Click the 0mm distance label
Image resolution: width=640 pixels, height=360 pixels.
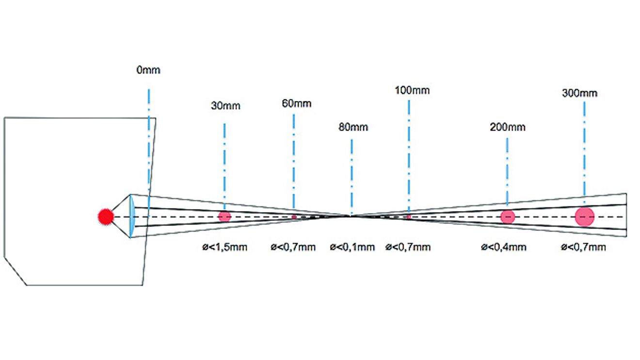click(x=148, y=70)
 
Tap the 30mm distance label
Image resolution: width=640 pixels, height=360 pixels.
click(x=225, y=106)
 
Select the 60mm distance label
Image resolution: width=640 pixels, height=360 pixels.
click(x=297, y=103)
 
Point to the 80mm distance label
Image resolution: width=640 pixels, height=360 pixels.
click(x=353, y=127)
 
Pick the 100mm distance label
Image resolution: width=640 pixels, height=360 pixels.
click(x=412, y=90)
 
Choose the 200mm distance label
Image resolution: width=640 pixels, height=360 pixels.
click(x=508, y=127)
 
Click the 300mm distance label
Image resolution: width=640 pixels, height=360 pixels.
click(x=579, y=93)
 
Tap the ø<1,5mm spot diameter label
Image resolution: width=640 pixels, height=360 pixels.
click(x=224, y=247)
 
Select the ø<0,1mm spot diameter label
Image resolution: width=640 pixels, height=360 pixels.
click(x=352, y=247)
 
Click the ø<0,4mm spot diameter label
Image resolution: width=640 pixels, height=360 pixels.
click(x=503, y=247)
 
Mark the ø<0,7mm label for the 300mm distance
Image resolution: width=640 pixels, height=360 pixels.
click(x=583, y=247)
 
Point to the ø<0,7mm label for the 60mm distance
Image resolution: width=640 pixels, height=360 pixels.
click(x=293, y=247)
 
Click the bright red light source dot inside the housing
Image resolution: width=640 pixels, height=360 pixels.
click(x=106, y=217)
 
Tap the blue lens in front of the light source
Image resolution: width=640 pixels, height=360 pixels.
click(x=131, y=216)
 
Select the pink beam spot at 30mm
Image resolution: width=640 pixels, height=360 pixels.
click(x=224, y=217)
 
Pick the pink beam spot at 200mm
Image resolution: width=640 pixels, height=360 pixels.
click(x=508, y=217)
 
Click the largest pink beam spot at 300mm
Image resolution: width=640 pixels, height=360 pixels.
click(x=585, y=217)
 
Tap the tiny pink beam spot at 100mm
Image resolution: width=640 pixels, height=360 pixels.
click(x=409, y=217)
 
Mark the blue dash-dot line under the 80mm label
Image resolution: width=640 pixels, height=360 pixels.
click(x=352, y=177)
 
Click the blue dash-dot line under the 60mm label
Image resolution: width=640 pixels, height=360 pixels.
click(x=294, y=161)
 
